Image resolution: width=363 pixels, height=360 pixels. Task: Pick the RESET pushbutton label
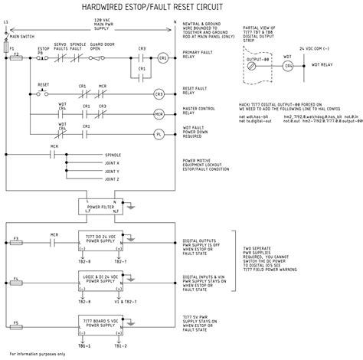pyautogui.click(x=44, y=86)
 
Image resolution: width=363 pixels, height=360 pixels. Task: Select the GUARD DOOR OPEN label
pyautogui.click(x=101, y=47)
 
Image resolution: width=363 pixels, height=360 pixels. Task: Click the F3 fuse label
pyautogui.click(x=16, y=239)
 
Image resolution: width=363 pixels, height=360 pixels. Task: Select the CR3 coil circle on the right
pyautogui.click(x=159, y=95)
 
